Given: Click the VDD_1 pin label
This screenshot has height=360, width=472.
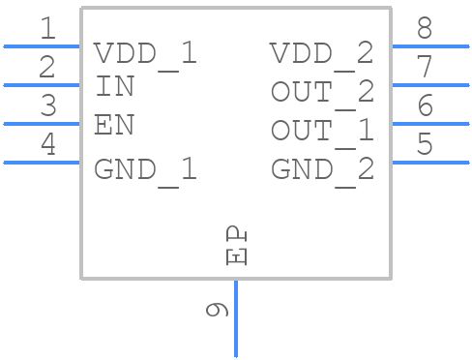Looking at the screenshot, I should pos(145,53).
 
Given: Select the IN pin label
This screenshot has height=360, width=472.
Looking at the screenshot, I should pos(115,87).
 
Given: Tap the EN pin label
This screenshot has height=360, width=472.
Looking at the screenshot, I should pos(114,126).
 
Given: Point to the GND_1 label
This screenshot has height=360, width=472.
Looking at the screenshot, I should pos(145,170).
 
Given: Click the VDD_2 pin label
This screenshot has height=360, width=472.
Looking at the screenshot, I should pos(321,53).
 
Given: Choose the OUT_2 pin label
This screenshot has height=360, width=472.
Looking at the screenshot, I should pos(321,92).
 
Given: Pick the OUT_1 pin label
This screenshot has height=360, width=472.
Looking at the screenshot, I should pos(321,131).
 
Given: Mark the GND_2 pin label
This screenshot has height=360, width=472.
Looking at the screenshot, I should pos(321,170).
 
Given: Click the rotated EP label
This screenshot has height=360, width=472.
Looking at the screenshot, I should pos(236,246).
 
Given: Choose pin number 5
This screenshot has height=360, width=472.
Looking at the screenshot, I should pos(424,145).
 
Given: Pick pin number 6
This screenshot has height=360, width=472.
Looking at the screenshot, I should pos(424,106).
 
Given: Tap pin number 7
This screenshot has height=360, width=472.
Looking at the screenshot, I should pos(424,68).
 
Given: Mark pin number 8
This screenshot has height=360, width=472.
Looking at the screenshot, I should pos(424,29).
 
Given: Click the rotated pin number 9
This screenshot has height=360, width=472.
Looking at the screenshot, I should pos(217,310).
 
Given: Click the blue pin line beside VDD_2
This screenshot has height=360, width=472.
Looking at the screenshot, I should pos(429,45).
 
